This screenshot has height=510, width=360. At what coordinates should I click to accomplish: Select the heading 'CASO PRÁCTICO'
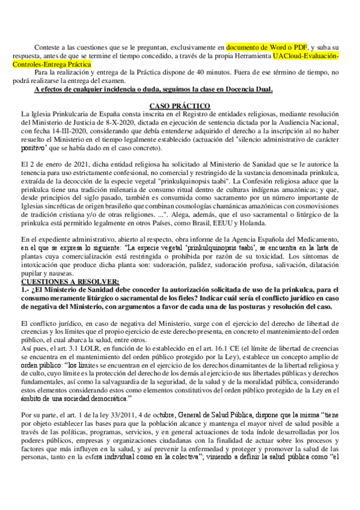coord(179,106)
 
